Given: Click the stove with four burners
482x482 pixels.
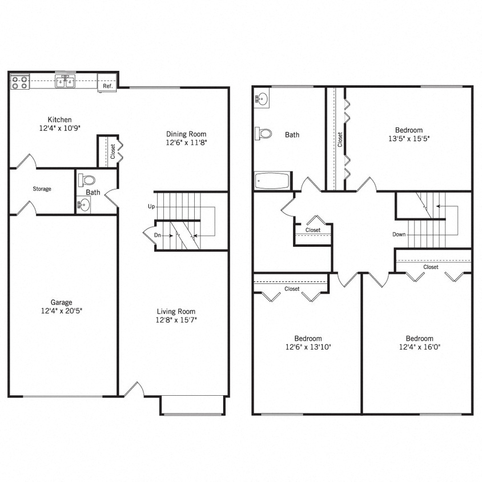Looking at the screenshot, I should (19, 82).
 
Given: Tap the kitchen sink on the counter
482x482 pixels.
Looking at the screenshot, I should (65, 82).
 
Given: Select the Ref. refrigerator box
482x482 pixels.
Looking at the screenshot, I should (107, 86).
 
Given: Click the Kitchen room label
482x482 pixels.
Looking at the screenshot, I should (59, 119).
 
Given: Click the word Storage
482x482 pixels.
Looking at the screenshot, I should (42, 188).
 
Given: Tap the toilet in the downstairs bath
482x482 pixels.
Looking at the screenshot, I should (87, 180).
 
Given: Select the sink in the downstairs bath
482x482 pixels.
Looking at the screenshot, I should (83, 205).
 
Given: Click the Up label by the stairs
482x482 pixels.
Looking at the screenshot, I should (151, 206).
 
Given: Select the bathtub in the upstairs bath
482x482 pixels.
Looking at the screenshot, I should (272, 181).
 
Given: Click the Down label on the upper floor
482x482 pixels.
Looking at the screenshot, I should (399, 235).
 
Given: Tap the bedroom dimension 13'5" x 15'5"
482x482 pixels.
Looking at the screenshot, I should (408, 138).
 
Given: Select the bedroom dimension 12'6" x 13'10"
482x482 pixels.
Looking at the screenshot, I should (308, 347).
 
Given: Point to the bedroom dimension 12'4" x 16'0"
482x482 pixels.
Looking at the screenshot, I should (419, 347).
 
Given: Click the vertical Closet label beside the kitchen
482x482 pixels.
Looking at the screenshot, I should (113, 151).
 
